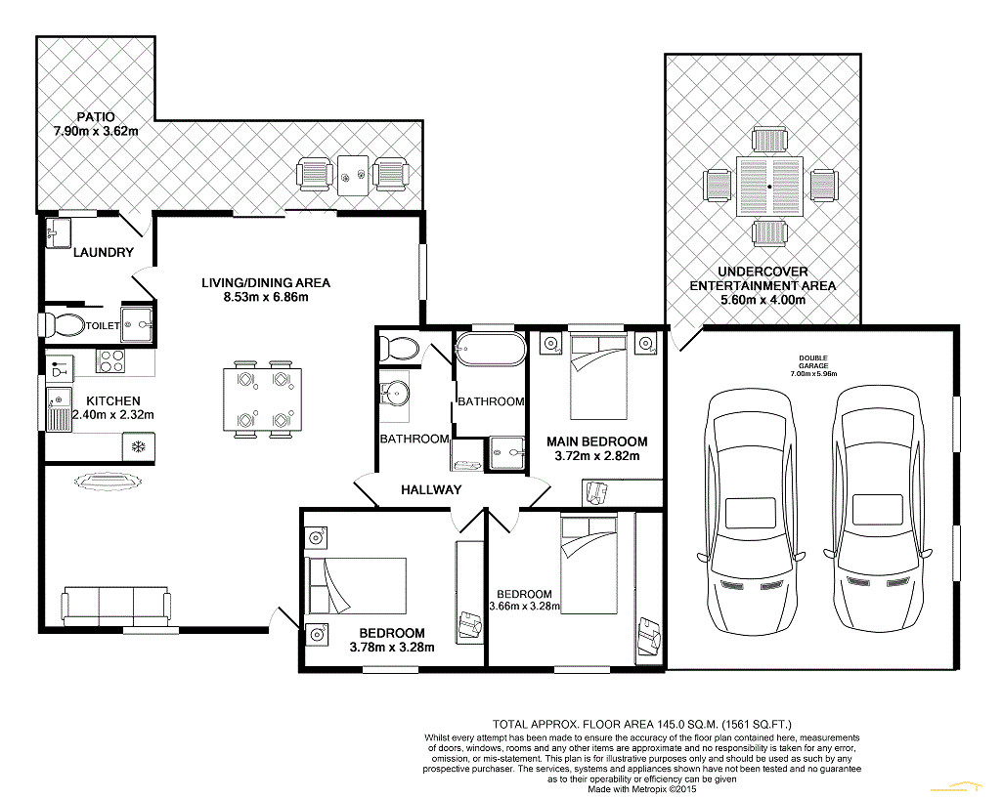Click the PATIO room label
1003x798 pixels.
click(96, 117)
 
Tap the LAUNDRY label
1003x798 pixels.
click(103, 252)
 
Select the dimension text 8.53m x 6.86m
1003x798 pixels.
click(266, 297)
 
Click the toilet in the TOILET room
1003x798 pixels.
click(62, 326)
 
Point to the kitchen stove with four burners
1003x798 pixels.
click(110, 361)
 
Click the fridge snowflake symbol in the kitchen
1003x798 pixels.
click(138, 446)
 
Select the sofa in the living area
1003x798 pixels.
click(115, 606)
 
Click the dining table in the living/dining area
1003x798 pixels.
click(263, 399)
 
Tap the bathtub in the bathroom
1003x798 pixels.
click(491, 348)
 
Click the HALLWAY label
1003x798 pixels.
click(431, 490)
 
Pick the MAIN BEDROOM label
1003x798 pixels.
click(596, 441)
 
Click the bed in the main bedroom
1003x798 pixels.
click(598, 376)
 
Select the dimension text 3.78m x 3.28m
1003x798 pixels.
click(392, 648)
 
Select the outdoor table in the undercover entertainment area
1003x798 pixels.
click(769, 187)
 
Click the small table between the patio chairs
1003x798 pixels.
click(353, 175)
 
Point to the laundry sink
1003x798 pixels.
click(59, 233)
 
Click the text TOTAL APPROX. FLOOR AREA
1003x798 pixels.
click(573, 725)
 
